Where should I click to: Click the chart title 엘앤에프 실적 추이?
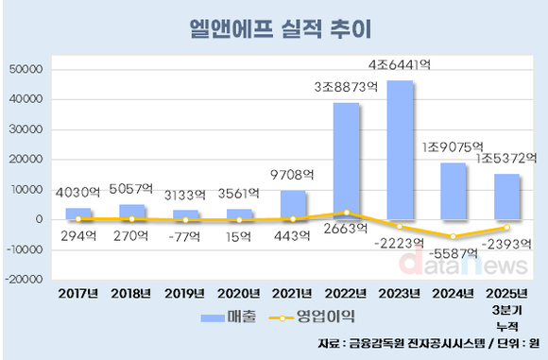coord(273,28)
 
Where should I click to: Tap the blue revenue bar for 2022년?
coord(346,161)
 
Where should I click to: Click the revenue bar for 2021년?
coord(292,204)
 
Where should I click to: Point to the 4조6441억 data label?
coord(400,66)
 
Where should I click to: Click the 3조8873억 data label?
coord(346,87)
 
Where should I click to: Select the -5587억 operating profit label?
coord(454,252)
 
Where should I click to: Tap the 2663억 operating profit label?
coord(346,229)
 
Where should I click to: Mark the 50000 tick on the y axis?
coord(25,69)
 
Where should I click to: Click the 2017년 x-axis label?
coord(77,293)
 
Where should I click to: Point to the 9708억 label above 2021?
coord(292,175)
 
